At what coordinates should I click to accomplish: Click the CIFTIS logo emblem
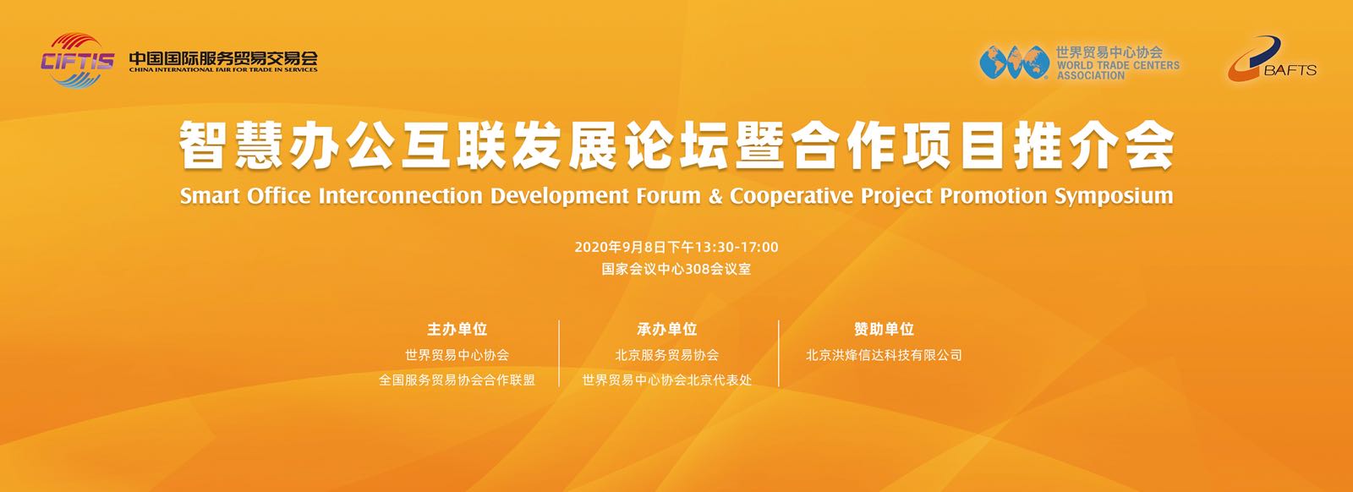click(x=77, y=60)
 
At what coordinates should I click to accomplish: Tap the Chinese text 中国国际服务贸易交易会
click(x=223, y=58)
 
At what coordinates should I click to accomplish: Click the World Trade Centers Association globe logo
click(x=1014, y=63)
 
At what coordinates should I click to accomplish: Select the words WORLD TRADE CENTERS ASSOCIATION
click(x=1117, y=70)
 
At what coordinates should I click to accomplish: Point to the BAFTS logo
click(x=1272, y=59)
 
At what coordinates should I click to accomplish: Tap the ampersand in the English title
click(x=715, y=196)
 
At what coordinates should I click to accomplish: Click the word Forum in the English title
click(x=665, y=196)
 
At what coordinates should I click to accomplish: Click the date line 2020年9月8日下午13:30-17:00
click(x=676, y=247)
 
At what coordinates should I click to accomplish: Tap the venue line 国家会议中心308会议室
click(x=676, y=269)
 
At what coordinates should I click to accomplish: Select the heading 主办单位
click(x=457, y=329)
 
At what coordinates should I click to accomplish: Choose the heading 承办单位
click(x=667, y=329)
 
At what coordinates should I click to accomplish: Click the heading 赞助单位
click(x=884, y=329)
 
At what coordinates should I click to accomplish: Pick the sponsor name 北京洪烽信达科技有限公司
click(x=884, y=355)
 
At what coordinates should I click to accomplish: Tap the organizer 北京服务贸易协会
click(x=667, y=355)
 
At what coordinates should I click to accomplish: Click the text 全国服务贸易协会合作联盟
click(x=457, y=380)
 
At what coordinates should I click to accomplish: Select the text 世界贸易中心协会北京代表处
click(x=667, y=380)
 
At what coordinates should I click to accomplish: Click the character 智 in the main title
click(x=203, y=145)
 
